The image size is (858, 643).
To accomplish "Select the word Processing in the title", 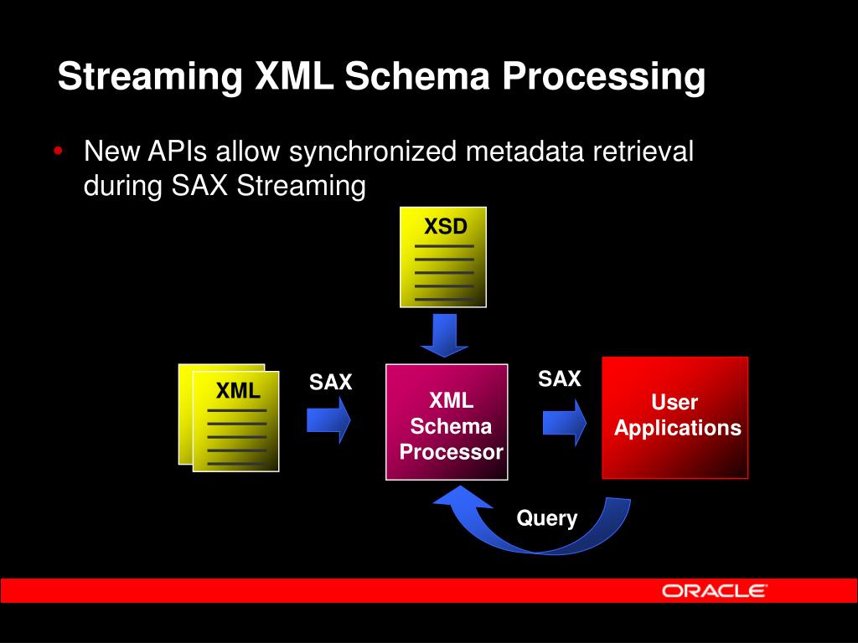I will click(x=604, y=77).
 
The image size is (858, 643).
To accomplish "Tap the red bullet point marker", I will click(x=57, y=152).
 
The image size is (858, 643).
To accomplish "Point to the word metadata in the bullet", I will click(x=525, y=152).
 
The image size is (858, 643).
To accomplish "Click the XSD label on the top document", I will click(x=444, y=227).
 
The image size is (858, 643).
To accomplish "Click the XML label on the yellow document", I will click(x=238, y=391).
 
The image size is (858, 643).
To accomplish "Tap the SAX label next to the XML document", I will click(x=331, y=383).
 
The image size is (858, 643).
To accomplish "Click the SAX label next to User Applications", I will click(x=559, y=379).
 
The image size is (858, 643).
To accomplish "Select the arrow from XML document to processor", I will click(x=328, y=419).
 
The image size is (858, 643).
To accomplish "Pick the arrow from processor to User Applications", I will click(x=564, y=421).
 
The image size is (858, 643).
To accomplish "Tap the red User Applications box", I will click(x=675, y=417).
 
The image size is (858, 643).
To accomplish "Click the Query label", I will click(x=546, y=518).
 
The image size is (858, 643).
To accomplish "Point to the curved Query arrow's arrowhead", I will click(x=452, y=501).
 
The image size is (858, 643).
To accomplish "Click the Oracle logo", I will click(x=714, y=591).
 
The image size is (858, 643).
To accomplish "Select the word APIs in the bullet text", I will click(x=179, y=152).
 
